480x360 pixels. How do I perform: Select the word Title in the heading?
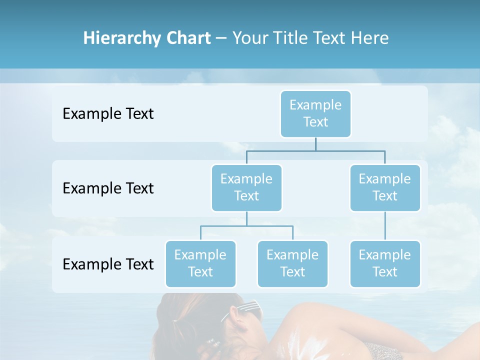[290, 38]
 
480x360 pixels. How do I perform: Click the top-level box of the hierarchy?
[315, 113]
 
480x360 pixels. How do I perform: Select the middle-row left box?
[246, 187]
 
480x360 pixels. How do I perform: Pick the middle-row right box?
[385, 187]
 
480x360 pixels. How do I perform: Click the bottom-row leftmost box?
[200, 263]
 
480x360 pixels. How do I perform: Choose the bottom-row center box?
[292, 263]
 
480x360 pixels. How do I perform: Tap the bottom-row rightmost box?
[385, 263]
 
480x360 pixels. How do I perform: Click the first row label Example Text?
[108, 114]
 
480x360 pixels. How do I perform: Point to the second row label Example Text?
[108, 188]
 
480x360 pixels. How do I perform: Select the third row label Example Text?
[108, 264]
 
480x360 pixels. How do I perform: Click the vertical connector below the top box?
[315, 144]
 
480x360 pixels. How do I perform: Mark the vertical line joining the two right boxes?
[385, 226]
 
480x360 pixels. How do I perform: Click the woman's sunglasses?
[245, 310]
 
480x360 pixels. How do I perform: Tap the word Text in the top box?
[315, 122]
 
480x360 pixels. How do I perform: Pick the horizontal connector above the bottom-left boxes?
[246, 226]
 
